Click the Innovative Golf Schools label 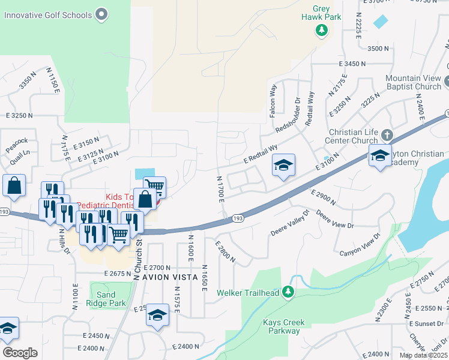coord(48,14)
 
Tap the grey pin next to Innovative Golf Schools coord(101,14)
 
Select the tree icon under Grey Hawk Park coord(322,29)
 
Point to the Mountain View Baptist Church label coord(413,83)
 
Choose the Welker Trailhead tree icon coord(288,292)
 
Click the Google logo coord(19,353)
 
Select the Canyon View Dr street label coord(360,245)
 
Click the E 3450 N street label coord(352,63)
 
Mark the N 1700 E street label coord(220,188)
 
